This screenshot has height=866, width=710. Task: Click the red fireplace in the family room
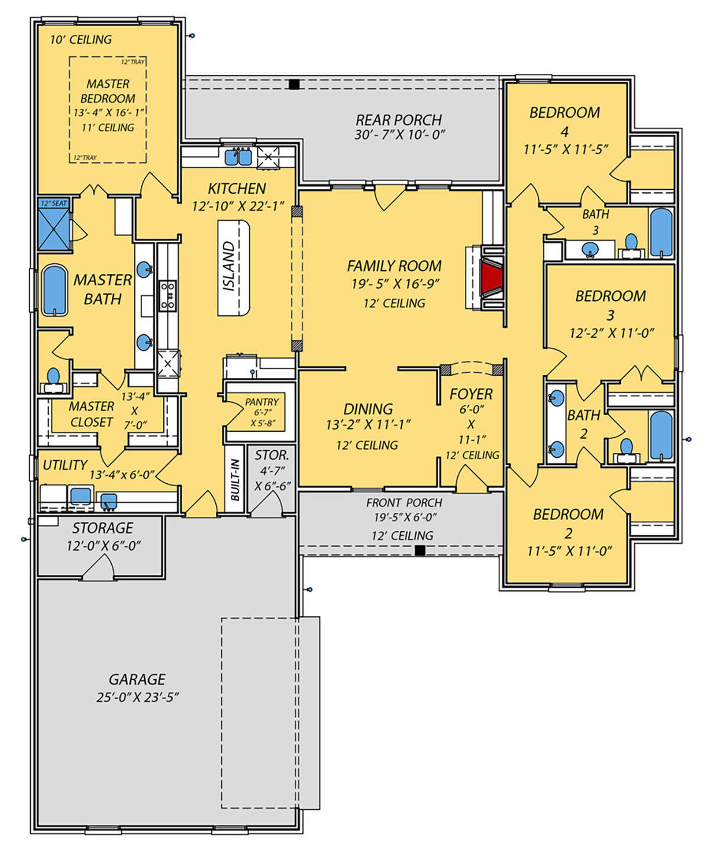click(x=492, y=277)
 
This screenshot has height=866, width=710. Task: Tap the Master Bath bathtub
click(x=54, y=290)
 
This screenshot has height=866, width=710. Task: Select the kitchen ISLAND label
click(x=228, y=267)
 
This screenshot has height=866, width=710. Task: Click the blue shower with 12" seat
click(x=54, y=228)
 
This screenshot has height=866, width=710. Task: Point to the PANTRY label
click(x=262, y=402)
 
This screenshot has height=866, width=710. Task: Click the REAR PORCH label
click(x=398, y=120)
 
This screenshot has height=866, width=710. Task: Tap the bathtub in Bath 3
click(x=661, y=232)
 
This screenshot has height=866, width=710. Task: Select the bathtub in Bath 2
click(x=661, y=435)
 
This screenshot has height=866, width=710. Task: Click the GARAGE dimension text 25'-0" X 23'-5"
click(x=138, y=697)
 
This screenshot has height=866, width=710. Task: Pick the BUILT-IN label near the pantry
click(x=235, y=480)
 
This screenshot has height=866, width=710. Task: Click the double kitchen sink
click(x=238, y=157)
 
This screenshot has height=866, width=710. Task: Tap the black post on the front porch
click(x=419, y=551)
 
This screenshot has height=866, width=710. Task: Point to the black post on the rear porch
click(x=294, y=84)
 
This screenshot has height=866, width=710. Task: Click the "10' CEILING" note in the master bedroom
click(x=81, y=40)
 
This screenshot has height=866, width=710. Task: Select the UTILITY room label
click(x=65, y=465)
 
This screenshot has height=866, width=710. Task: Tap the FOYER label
click(x=470, y=394)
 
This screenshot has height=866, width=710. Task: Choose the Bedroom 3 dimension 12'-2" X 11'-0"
click(x=611, y=332)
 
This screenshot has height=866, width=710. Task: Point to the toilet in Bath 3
click(x=631, y=245)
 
